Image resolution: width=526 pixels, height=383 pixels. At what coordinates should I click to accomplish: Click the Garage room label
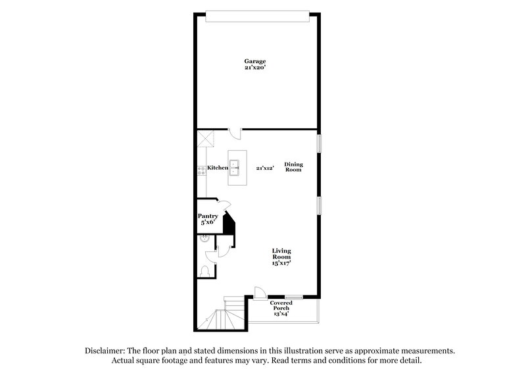coord(255,61)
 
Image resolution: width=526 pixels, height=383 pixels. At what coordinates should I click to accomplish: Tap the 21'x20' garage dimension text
coord(255,68)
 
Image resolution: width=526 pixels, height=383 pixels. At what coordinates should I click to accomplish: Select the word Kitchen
coord(218,168)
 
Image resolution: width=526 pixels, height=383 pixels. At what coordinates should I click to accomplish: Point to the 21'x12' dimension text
coord(264,168)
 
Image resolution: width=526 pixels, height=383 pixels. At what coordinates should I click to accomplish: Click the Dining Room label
coord(293,166)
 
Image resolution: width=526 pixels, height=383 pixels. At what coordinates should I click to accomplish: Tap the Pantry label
coord(208,217)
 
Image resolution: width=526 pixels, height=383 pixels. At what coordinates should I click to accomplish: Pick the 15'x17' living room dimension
coord(282,263)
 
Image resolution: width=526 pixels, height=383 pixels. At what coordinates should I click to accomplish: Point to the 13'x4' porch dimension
coord(281,314)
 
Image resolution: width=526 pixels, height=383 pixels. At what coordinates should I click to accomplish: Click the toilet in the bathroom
coord(204,270)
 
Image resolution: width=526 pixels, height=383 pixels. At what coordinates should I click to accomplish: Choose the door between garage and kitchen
coord(237,134)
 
